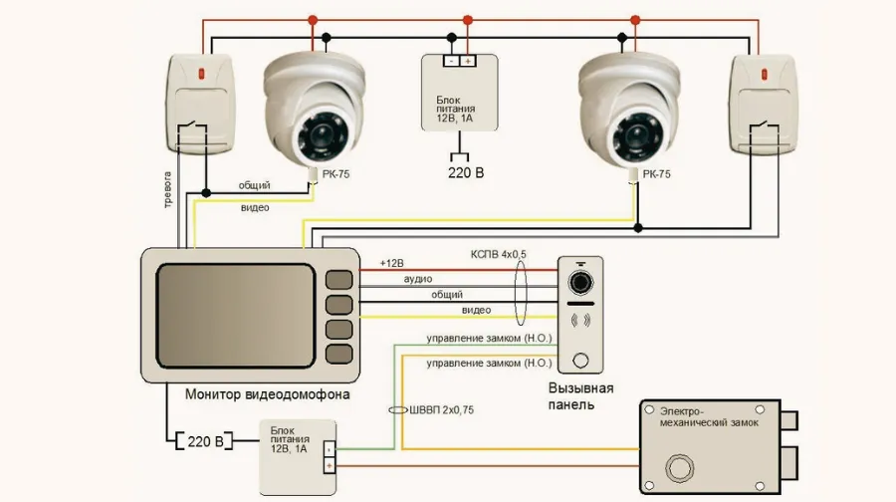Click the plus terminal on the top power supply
468,61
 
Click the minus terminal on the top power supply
451,61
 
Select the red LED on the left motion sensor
201,74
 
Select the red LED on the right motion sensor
765,74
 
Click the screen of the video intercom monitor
235,316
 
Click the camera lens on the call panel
580,283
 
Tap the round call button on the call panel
580,361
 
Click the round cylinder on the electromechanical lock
679,468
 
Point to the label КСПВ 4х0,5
499,254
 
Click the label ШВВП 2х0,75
441,410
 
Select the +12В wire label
391,263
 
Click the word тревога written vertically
167,189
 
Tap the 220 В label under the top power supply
466,172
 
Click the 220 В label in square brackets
205,441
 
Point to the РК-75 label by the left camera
336,174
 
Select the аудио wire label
418,279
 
